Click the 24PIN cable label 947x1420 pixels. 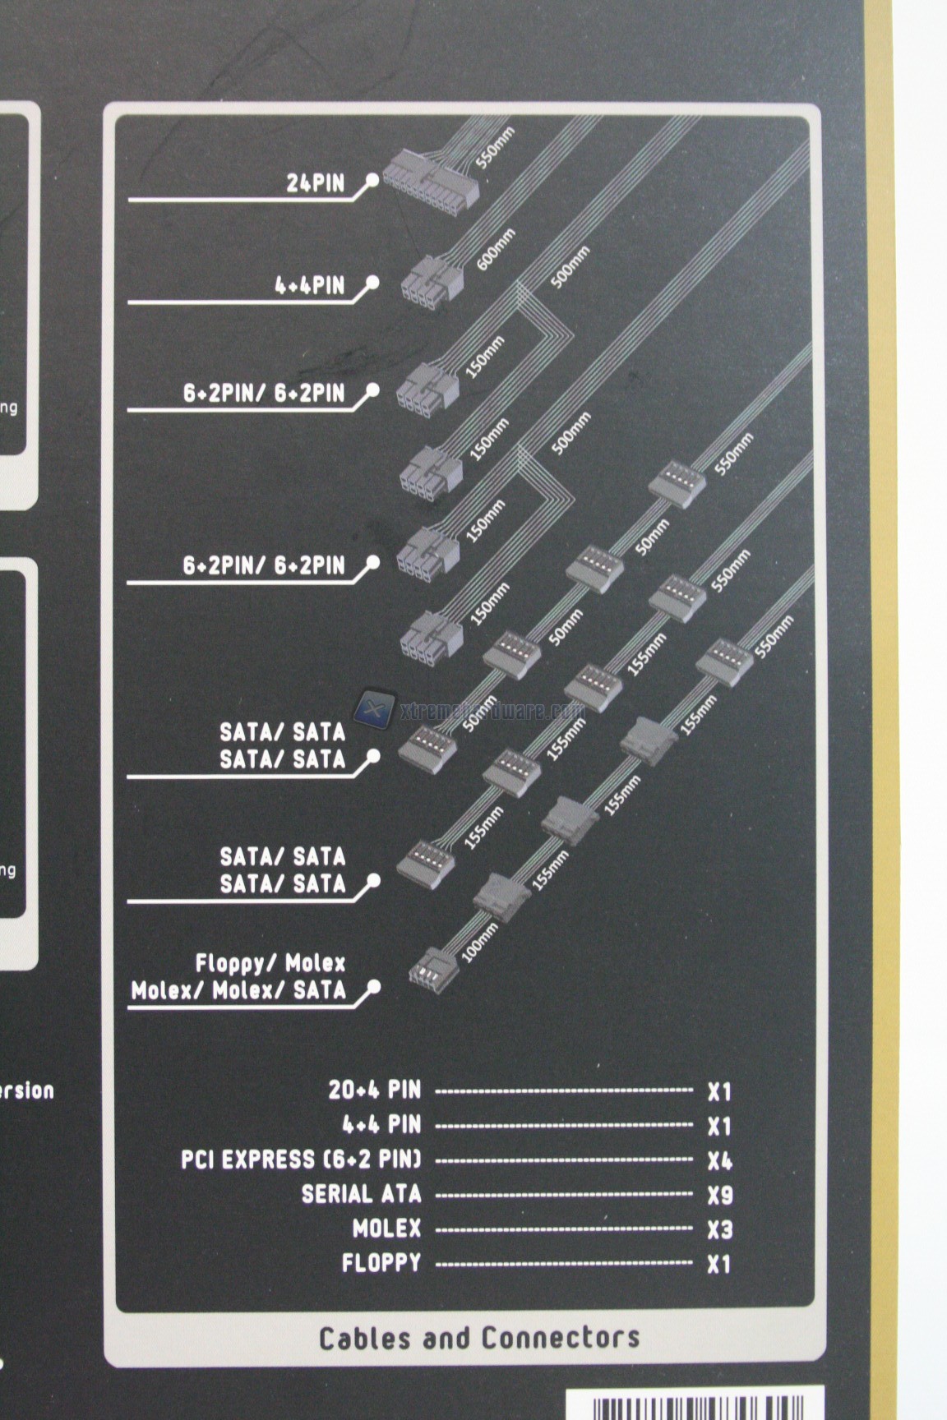[x=315, y=182]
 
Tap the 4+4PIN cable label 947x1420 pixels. [x=309, y=286]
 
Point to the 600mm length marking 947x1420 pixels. [x=497, y=250]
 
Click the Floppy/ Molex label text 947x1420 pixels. [x=270, y=962]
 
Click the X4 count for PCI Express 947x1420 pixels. [x=719, y=1161]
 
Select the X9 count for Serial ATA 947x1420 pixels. [x=719, y=1196]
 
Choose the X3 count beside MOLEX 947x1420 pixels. [x=719, y=1230]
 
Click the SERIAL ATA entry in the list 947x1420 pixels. [x=361, y=1194]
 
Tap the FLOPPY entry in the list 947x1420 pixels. [x=381, y=1263]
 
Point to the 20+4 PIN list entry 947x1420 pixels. [x=374, y=1090]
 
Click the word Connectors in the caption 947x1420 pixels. [x=560, y=1338]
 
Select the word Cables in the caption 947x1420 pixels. [x=364, y=1338]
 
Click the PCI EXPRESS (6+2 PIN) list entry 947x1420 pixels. [x=301, y=1160]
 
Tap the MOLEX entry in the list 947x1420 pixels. [x=386, y=1229]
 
